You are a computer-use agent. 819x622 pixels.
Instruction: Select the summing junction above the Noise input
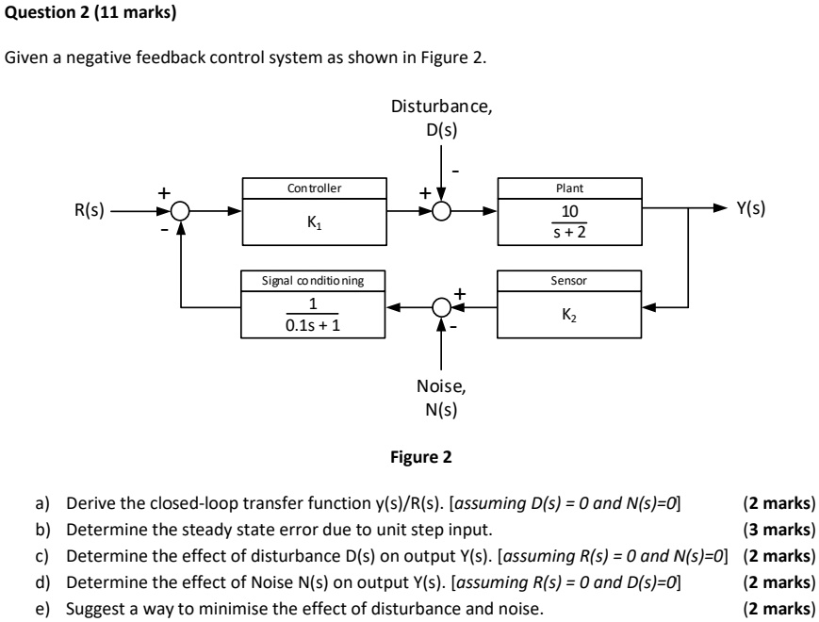click(441, 306)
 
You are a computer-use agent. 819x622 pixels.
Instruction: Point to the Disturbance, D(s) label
click(441, 118)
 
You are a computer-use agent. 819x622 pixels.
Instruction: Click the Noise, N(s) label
click(441, 397)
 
